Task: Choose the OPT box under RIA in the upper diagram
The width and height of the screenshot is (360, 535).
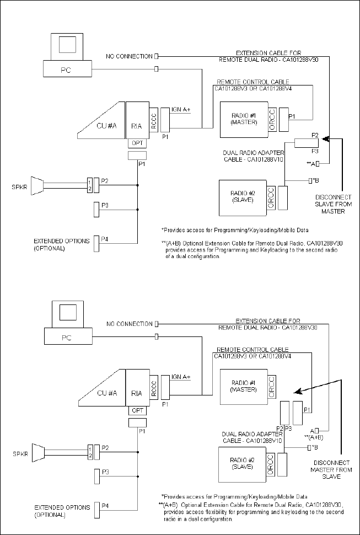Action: tap(137, 143)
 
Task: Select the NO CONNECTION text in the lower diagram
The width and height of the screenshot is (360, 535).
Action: tap(130, 324)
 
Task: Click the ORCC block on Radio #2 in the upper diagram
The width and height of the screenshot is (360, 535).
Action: tap(270, 196)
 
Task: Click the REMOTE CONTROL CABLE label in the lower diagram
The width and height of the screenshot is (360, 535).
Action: tap(252, 350)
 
